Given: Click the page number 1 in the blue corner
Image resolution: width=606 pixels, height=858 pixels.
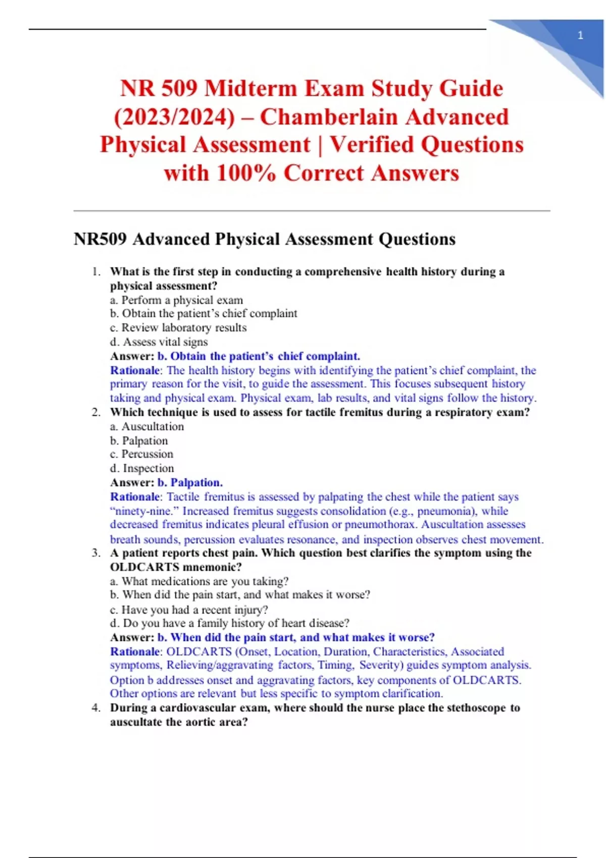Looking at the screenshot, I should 580,35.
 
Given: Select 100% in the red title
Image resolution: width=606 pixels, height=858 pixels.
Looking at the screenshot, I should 246,173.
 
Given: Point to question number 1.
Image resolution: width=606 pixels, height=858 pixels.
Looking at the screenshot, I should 95,272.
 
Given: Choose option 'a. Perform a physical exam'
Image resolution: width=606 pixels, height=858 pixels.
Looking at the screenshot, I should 176,300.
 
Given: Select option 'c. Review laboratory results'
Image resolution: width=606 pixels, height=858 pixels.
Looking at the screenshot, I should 178,328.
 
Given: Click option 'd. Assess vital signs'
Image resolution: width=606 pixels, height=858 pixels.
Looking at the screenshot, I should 159,342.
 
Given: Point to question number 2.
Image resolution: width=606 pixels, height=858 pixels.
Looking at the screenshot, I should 95,412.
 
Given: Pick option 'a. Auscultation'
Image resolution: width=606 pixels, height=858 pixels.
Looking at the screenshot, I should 147,426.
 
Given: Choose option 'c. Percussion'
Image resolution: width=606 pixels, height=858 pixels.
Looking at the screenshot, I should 141,454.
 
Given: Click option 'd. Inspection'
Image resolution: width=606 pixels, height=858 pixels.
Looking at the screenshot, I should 142,468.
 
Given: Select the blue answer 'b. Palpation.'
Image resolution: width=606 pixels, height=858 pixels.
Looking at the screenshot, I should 190,482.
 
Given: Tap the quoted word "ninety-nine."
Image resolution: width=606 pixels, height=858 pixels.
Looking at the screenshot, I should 144,511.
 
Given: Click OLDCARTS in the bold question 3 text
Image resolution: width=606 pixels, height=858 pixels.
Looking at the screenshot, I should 143,567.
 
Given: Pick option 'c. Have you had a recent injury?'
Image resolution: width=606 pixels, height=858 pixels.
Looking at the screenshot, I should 189,609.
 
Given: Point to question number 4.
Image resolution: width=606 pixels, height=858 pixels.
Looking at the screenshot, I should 95,708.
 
